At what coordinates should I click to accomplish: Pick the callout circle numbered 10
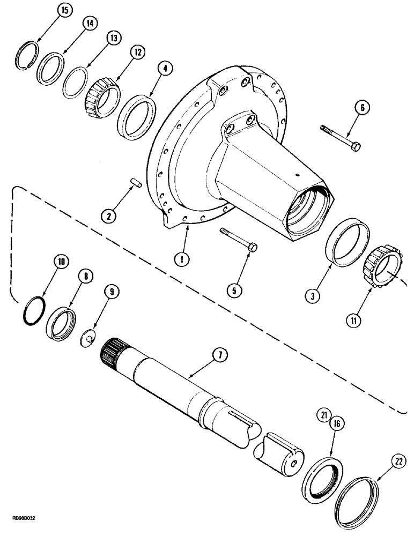click(61, 262)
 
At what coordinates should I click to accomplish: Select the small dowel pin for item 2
click(136, 185)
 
